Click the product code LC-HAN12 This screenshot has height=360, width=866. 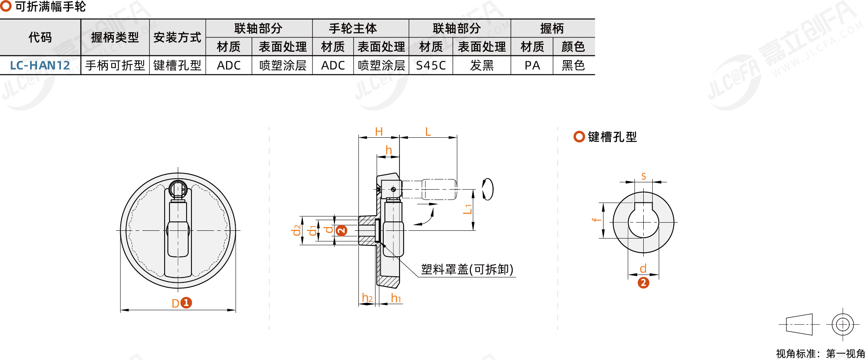40,65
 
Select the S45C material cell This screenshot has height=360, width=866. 431,65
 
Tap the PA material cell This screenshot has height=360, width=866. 532,65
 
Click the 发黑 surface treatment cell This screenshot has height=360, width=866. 482,65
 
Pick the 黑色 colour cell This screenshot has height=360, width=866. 573,65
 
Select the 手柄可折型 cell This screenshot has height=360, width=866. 115,65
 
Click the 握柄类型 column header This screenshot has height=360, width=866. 115,37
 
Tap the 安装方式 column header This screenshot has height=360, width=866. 177,37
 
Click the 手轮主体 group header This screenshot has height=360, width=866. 353,28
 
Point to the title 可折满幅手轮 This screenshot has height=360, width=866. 50,7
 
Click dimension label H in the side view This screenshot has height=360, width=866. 379,132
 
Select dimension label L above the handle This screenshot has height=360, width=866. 428,132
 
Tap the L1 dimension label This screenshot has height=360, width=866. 468,209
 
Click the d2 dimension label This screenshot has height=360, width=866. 297,230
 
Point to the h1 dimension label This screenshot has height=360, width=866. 396,298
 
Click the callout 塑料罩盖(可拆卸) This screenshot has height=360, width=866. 467,269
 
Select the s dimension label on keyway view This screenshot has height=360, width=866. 643,176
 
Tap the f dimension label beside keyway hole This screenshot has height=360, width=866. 596,220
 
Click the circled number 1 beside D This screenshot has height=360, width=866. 186,303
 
